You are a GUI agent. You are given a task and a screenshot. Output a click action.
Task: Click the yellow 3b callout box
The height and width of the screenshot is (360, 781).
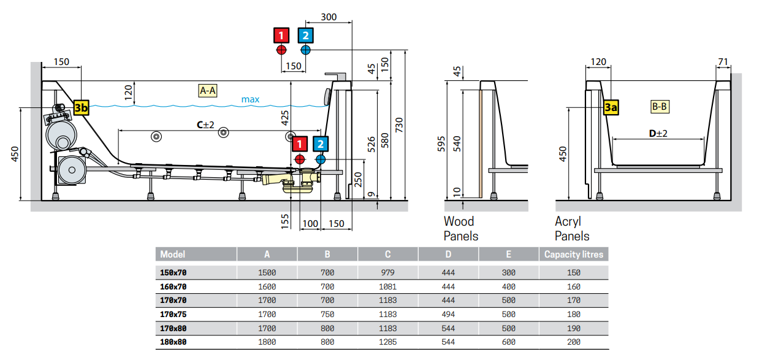click(x=81, y=108)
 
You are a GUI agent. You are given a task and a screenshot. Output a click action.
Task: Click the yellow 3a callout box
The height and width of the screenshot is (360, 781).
click(x=611, y=108)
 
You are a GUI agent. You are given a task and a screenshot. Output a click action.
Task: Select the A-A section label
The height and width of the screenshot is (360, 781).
click(x=208, y=91)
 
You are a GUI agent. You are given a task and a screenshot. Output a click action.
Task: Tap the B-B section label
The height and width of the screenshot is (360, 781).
click(x=660, y=107)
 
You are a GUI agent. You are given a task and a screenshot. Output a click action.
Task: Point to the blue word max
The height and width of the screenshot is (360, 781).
click(x=250, y=99)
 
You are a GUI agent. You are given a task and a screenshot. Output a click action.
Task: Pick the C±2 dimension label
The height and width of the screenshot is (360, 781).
click(x=205, y=124)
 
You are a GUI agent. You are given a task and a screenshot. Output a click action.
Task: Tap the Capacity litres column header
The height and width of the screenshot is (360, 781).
click(x=574, y=254)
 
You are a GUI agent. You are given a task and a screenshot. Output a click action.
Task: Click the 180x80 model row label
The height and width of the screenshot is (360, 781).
click(x=173, y=342)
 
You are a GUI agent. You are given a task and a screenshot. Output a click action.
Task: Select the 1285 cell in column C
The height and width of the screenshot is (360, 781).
click(x=387, y=342)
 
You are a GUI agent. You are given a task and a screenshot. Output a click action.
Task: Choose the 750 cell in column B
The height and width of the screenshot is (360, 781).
click(x=327, y=314)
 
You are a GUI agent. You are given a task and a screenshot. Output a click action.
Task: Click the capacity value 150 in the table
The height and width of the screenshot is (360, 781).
click(x=574, y=272)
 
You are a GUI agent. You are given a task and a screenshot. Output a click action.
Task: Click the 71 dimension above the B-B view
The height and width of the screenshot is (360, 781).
click(x=722, y=61)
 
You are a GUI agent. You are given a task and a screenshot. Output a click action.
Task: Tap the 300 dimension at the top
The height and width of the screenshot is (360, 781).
click(x=329, y=17)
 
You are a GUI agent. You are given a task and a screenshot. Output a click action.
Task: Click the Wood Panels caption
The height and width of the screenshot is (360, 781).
click(x=460, y=228)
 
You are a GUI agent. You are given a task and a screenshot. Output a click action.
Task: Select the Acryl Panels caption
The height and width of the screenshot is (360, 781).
click(x=572, y=228)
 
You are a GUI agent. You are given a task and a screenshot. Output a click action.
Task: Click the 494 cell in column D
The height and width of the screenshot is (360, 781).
click(x=448, y=314)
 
